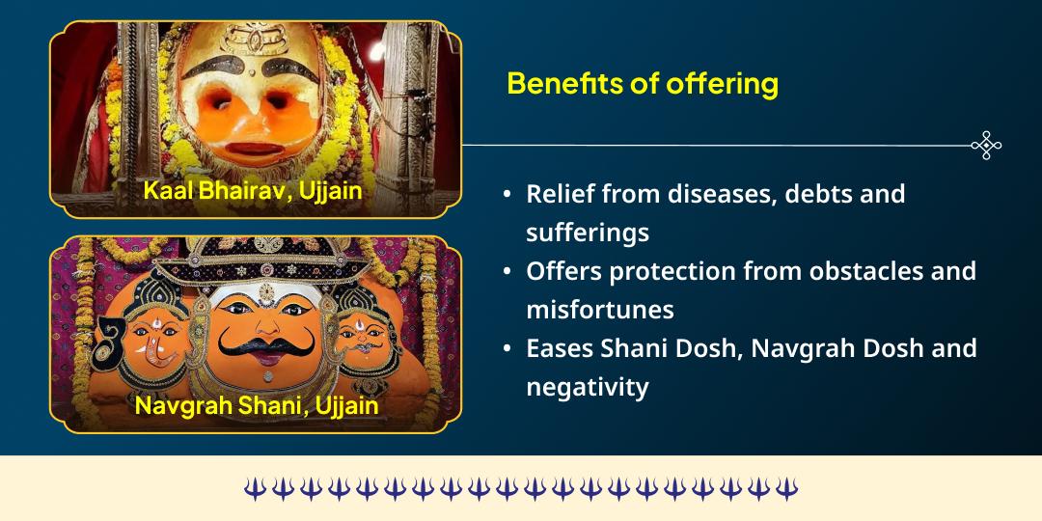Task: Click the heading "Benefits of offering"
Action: tap(642, 84)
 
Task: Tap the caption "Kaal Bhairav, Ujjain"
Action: tap(253, 190)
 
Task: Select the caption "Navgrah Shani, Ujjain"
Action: tap(256, 405)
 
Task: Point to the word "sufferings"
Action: tap(587, 233)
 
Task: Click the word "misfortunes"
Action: tap(599, 310)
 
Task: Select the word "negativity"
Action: tap(587, 387)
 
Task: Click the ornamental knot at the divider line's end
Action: tap(986, 146)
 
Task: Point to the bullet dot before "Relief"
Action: tap(507, 195)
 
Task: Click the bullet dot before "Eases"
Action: tap(507, 349)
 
